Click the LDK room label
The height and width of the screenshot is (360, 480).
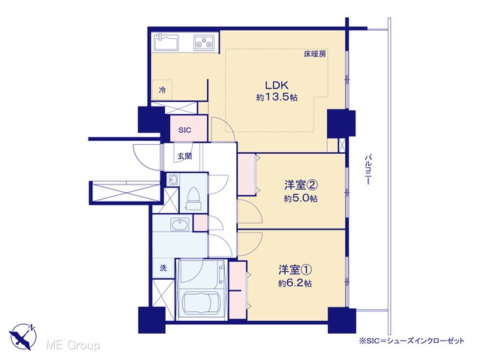click(x=277, y=85)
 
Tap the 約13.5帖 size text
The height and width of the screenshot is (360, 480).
click(x=277, y=97)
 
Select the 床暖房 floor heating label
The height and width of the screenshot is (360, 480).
click(x=315, y=54)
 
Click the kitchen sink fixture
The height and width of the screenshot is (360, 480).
click(x=166, y=43)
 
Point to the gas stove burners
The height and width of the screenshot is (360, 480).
click(x=204, y=42)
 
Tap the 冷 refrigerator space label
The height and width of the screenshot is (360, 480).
click(x=162, y=90)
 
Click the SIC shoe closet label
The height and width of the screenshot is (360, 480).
click(x=185, y=130)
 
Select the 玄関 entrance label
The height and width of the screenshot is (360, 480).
click(x=185, y=156)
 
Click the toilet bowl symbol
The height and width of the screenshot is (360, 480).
click(x=193, y=198)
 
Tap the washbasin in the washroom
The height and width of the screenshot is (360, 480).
click(x=180, y=224)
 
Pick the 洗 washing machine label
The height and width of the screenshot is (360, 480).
click(x=163, y=268)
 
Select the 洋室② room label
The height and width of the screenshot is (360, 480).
click(x=301, y=185)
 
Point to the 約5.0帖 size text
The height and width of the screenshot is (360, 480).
click(x=301, y=199)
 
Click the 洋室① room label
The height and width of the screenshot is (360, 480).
click(x=295, y=270)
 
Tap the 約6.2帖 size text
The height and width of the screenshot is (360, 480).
click(x=295, y=283)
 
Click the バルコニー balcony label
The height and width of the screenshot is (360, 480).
click(x=367, y=169)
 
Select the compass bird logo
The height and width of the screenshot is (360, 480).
click(x=23, y=337)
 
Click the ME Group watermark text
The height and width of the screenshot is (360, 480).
click(x=73, y=345)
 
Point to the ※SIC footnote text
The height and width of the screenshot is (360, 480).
click(x=412, y=340)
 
